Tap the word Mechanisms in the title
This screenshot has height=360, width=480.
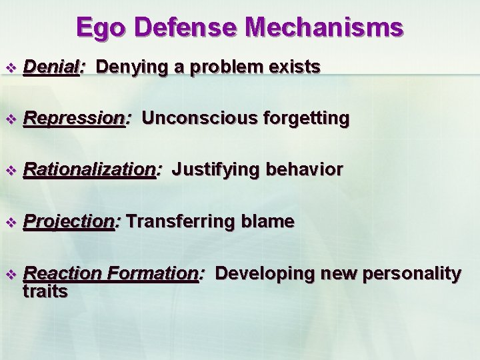click(325, 28)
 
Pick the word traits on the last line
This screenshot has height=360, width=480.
click(45, 291)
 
